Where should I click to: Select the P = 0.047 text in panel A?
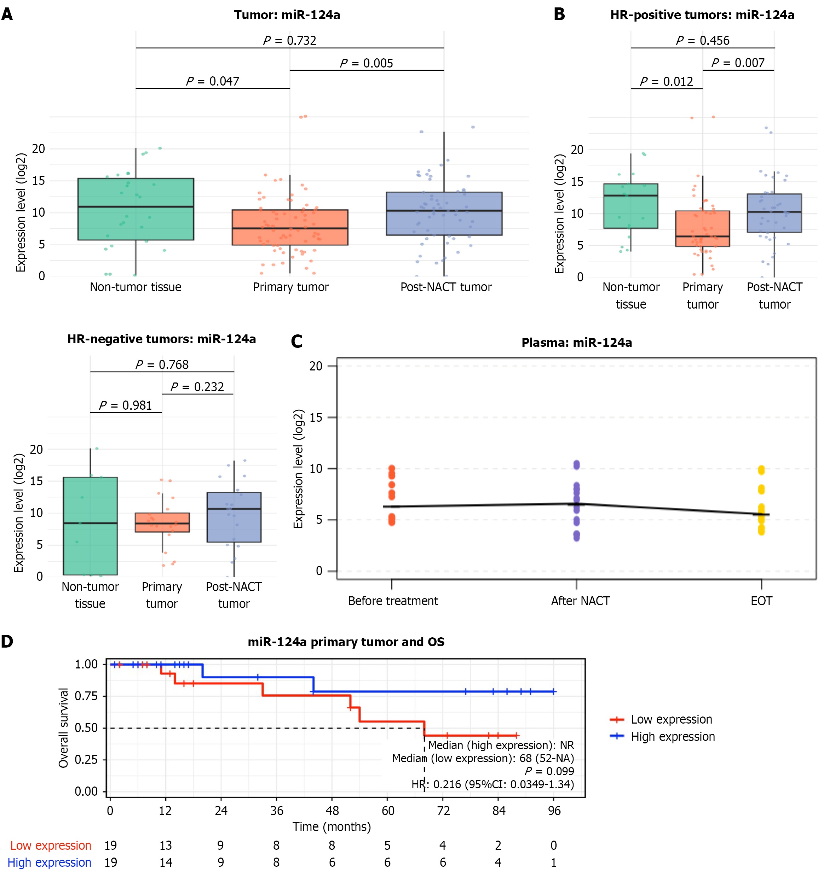coord(212,81)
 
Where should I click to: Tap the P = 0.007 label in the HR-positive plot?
coord(738,63)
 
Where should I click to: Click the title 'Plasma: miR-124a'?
coord(577,343)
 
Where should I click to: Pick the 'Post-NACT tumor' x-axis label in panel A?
coord(446,287)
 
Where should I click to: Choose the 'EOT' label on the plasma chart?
coord(761,601)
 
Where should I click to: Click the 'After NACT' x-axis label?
coord(580,601)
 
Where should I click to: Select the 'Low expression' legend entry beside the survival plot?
coord(671,719)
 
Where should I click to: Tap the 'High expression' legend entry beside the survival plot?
coord(672,737)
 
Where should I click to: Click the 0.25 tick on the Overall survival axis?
coord(86,760)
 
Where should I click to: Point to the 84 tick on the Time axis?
coord(499,811)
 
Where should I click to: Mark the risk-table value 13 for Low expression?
coord(166,845)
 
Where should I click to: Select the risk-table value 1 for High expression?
coord(554,863)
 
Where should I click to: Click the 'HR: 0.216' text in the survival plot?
coord(492,784)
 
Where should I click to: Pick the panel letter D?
coord(7,642)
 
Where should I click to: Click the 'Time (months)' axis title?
coord(332,827)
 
